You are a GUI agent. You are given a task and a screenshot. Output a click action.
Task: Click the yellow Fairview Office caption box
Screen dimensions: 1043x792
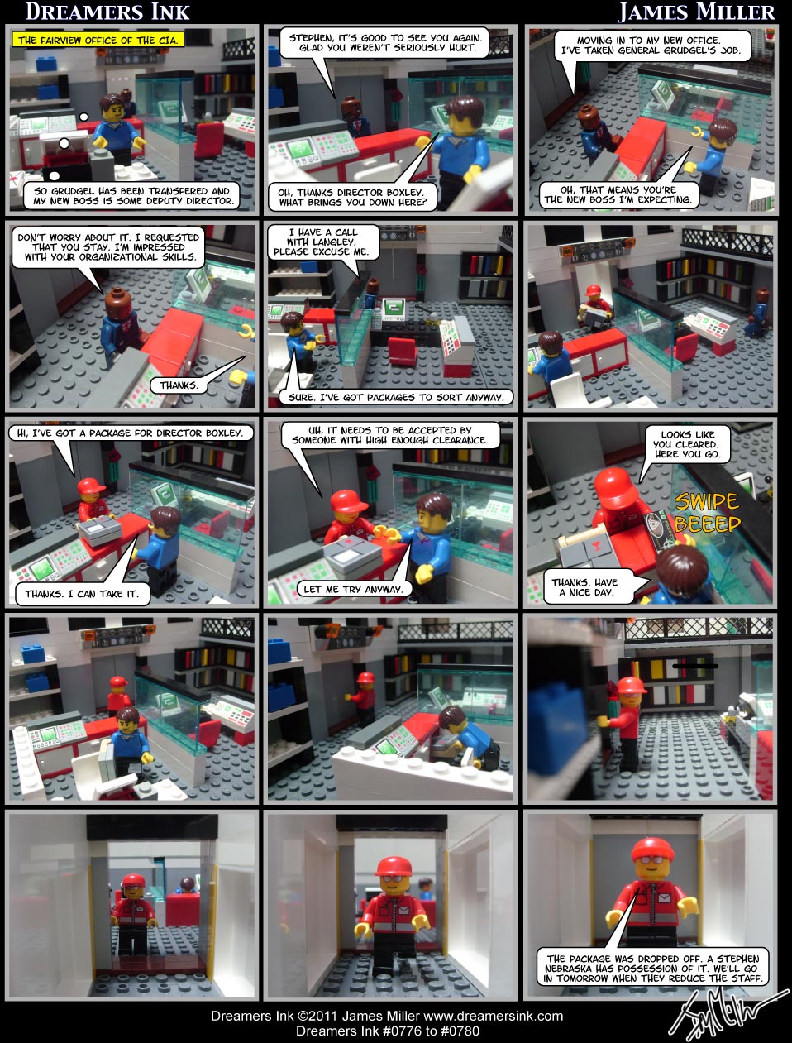[98, 40]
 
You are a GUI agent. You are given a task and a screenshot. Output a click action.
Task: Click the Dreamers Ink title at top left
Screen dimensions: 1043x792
[107, 12]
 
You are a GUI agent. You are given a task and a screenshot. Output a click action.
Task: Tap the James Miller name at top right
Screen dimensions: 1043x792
[696, 12]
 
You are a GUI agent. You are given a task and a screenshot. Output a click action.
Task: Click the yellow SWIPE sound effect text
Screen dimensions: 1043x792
[706, 501]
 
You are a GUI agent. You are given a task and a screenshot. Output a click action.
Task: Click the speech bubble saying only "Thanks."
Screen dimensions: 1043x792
[179, 385]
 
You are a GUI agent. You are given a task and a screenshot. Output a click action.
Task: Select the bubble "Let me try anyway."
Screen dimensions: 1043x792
[353, 589]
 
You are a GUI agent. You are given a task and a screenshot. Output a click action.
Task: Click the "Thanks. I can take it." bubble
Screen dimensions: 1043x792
[81, 593]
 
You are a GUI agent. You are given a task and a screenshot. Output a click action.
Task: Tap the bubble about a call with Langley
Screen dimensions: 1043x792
[323, 242]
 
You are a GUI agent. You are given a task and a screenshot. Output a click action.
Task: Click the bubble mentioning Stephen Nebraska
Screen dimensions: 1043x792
[651, 969]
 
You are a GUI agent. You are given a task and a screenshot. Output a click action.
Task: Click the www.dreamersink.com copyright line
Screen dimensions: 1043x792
[387, 1016]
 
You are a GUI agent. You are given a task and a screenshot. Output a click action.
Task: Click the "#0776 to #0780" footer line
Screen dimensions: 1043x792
[387, 1031]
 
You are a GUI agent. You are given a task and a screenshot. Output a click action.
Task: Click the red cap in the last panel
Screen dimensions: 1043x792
[653, 849]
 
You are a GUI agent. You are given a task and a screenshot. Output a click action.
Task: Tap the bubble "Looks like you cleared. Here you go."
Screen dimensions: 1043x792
[687, 444]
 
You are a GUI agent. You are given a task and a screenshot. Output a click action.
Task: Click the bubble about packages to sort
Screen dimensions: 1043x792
[396, 397]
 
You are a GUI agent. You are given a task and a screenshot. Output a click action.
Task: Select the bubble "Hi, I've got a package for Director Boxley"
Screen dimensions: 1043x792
[131, 433]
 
